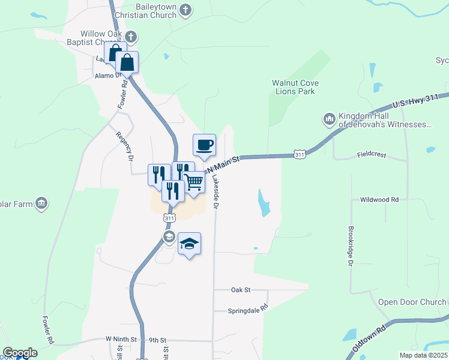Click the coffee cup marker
click(x=204, y=145)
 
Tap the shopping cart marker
click(x=194, y=182)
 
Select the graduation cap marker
click(x=189, y=244)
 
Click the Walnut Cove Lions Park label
click(x=295, y=87)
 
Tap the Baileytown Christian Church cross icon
click(x=185, y=10)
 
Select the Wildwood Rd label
click(x=379, y=199)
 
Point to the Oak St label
click(x=240, y=290)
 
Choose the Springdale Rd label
click(x=247, y=311)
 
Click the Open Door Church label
click(x=408, y=302)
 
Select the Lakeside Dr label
click(x=215, y=191)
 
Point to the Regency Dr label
click(x=125, y=146)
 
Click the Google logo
click(x=20, y=353)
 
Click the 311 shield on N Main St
click(x=300, y=155)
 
